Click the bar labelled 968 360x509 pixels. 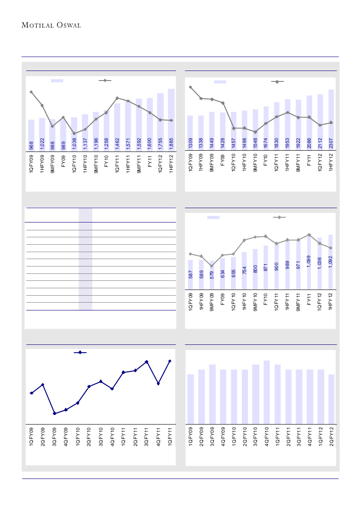[31, 135]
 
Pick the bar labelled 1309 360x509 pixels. [190, 133]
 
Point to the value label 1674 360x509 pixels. [266, 143]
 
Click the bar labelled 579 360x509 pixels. [212, 275]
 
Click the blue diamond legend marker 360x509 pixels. [80, 353]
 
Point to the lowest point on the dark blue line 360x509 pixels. [54, 413]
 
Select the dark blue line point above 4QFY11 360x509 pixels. [158, 383]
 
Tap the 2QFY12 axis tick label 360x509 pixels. [331, 438]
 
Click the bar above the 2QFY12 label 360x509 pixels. [331, 399]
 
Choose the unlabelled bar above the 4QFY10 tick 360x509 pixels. [266, 392]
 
